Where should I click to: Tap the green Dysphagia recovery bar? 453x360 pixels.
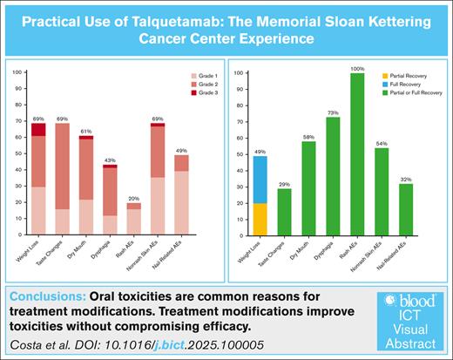click(x=332, y=175)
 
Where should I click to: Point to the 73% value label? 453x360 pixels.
click(x=332, y=112)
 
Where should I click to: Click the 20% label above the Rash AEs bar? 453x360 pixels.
click(x=134, y=198)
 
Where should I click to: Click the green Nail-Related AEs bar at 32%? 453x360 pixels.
click(x=403, y=208)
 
